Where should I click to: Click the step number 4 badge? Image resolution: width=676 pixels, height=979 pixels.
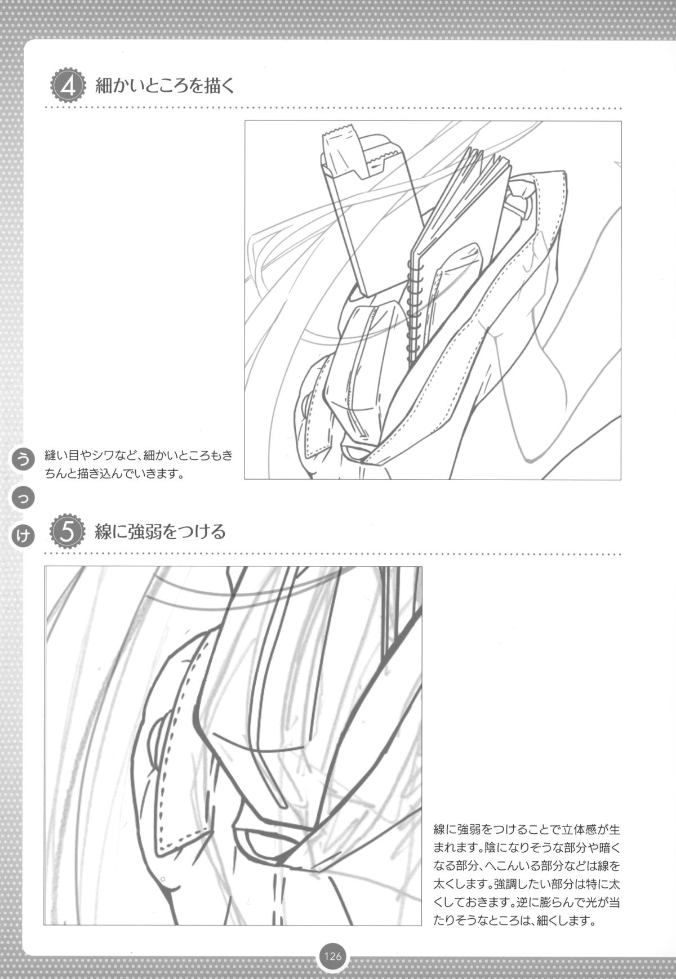pos(67,87)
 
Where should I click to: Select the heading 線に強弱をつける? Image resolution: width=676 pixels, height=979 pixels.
pos(160,531)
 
